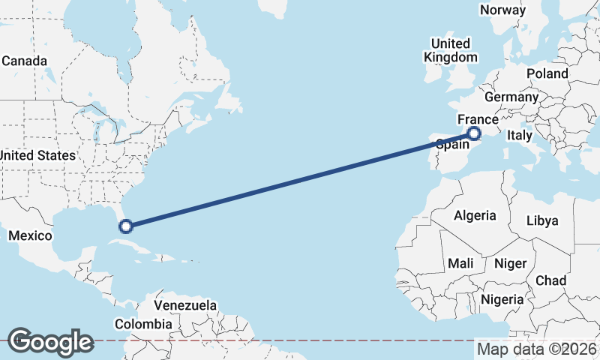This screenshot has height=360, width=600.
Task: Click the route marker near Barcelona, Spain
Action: coord(474,134)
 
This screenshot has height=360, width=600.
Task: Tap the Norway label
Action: coord(502,10)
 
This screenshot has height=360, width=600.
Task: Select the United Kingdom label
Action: coord(450,50)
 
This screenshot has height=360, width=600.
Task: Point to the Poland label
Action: coord(547,73)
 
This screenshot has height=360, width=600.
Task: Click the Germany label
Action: coord(511,97)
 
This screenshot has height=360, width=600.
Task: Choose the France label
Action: coord(478,120)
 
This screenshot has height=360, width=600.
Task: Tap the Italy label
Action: coord(519,136)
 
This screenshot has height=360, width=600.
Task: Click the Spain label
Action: coord(452,145)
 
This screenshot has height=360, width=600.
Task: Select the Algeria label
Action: coord(475,215)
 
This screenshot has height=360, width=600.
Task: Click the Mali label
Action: coord(460,264)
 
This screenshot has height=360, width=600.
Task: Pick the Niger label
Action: coord(510,264)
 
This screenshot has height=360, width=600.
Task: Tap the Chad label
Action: coord(550,280)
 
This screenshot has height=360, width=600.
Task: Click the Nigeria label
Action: coord(502,299)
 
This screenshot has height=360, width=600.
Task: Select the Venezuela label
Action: coord(185,305)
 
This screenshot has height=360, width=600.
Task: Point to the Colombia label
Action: coord(142,324)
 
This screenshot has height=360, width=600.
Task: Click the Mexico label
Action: coord(30,235)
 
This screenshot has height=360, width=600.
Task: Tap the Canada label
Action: coord(24,61)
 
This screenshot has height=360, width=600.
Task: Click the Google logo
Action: coord(50,342)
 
